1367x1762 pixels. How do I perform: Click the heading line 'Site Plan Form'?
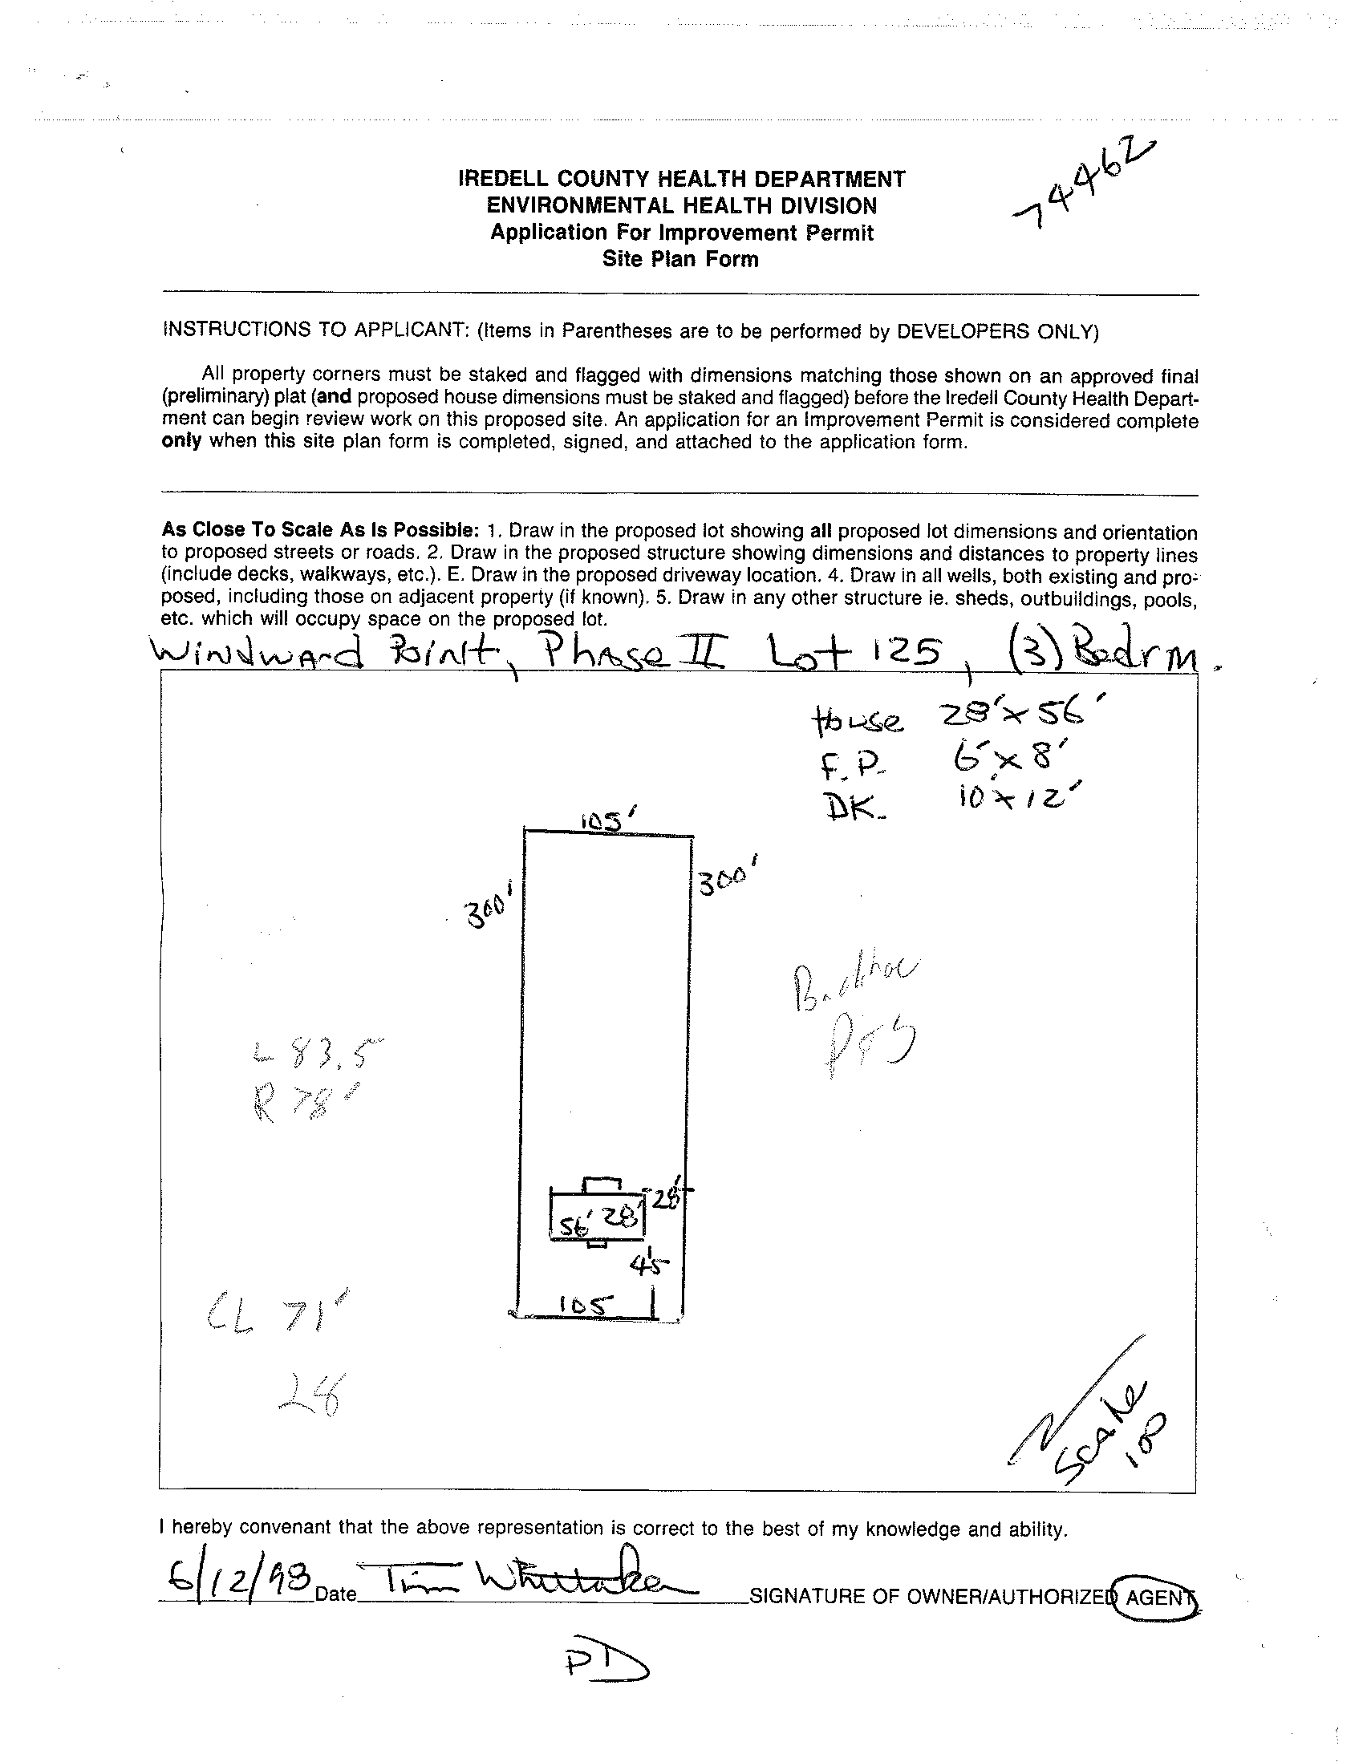(680, 260)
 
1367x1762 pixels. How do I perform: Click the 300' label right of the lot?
(727, 879)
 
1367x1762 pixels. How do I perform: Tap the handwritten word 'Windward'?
(258, 652)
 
